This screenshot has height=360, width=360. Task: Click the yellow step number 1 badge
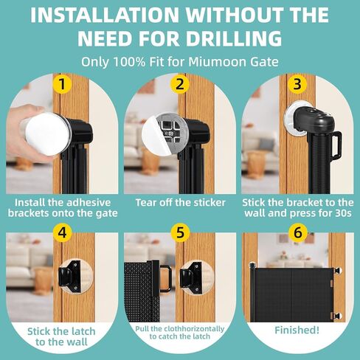pos(63,83)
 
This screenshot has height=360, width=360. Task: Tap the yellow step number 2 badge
pos(180,83)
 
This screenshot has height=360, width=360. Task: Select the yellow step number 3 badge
pos(297,83)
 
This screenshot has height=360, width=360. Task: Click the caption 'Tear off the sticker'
pos(179,201)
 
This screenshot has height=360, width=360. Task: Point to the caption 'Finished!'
pos(297,330)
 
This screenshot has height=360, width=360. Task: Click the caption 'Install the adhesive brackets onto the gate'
pos(62,207)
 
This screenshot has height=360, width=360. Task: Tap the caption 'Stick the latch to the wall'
pos(62,336)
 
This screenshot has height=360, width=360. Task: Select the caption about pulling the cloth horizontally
pos(179,331)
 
